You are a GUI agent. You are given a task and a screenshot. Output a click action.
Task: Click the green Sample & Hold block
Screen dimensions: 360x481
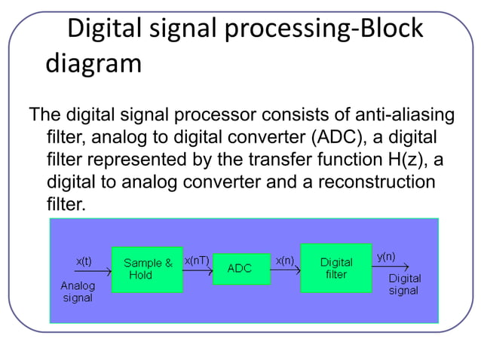(x=147, y=269)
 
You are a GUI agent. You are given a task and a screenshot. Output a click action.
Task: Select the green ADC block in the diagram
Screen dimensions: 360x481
(x=240, y=269)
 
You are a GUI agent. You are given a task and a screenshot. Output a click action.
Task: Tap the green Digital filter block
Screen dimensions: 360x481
(x=335, y=268)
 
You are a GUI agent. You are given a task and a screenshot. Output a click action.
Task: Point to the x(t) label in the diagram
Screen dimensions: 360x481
(x=84, y=261)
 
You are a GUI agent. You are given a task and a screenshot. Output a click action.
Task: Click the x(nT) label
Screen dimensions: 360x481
(x=197, y=260)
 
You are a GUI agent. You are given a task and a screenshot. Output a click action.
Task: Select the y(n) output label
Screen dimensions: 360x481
(x=387, y=256)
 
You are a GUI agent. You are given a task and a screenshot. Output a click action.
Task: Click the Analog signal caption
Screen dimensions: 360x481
(x=78, y=291)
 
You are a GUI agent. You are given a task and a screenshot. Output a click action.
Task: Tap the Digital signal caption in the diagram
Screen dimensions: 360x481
(x=404, y=284)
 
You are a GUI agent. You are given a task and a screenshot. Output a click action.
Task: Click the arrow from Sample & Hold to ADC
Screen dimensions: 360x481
(x=198, y=271)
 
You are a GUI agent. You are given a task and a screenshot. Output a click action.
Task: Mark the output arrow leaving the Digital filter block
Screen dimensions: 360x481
(x=391, y=267)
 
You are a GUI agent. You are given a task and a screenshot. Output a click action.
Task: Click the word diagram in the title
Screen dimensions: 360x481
(x=93, y=63)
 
